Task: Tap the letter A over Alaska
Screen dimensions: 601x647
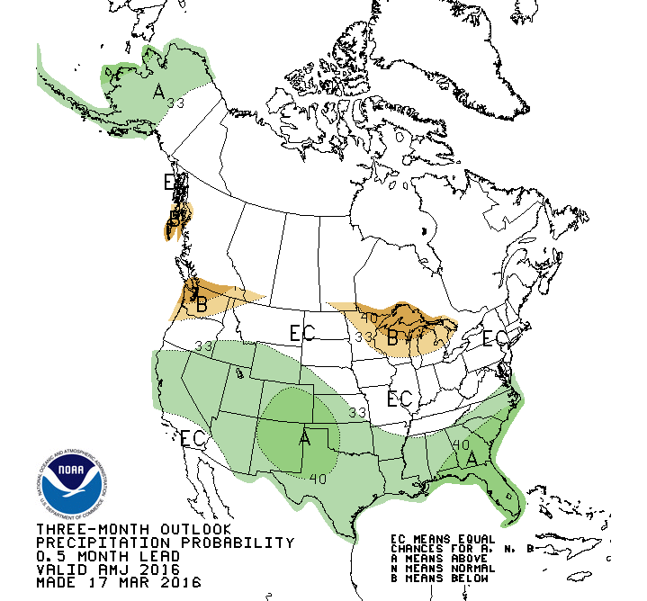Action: click(158, 91)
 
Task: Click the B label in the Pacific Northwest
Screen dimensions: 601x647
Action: click(201, 305)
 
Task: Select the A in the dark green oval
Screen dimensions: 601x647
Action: click(305, 438)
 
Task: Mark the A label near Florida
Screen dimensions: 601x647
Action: click(471, 458)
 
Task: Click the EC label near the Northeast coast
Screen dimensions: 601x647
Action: click(494, 338)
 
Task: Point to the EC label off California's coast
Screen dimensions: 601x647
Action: click(194, 439)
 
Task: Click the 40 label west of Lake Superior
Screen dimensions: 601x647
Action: click(369, 316)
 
